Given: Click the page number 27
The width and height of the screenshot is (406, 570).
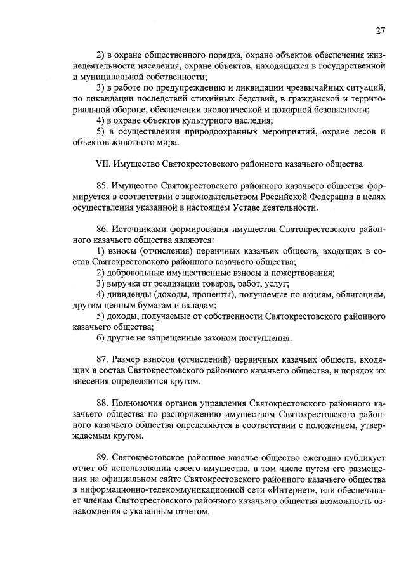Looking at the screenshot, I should (380, 30).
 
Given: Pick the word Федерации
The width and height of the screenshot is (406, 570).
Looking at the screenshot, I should (327, 197).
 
